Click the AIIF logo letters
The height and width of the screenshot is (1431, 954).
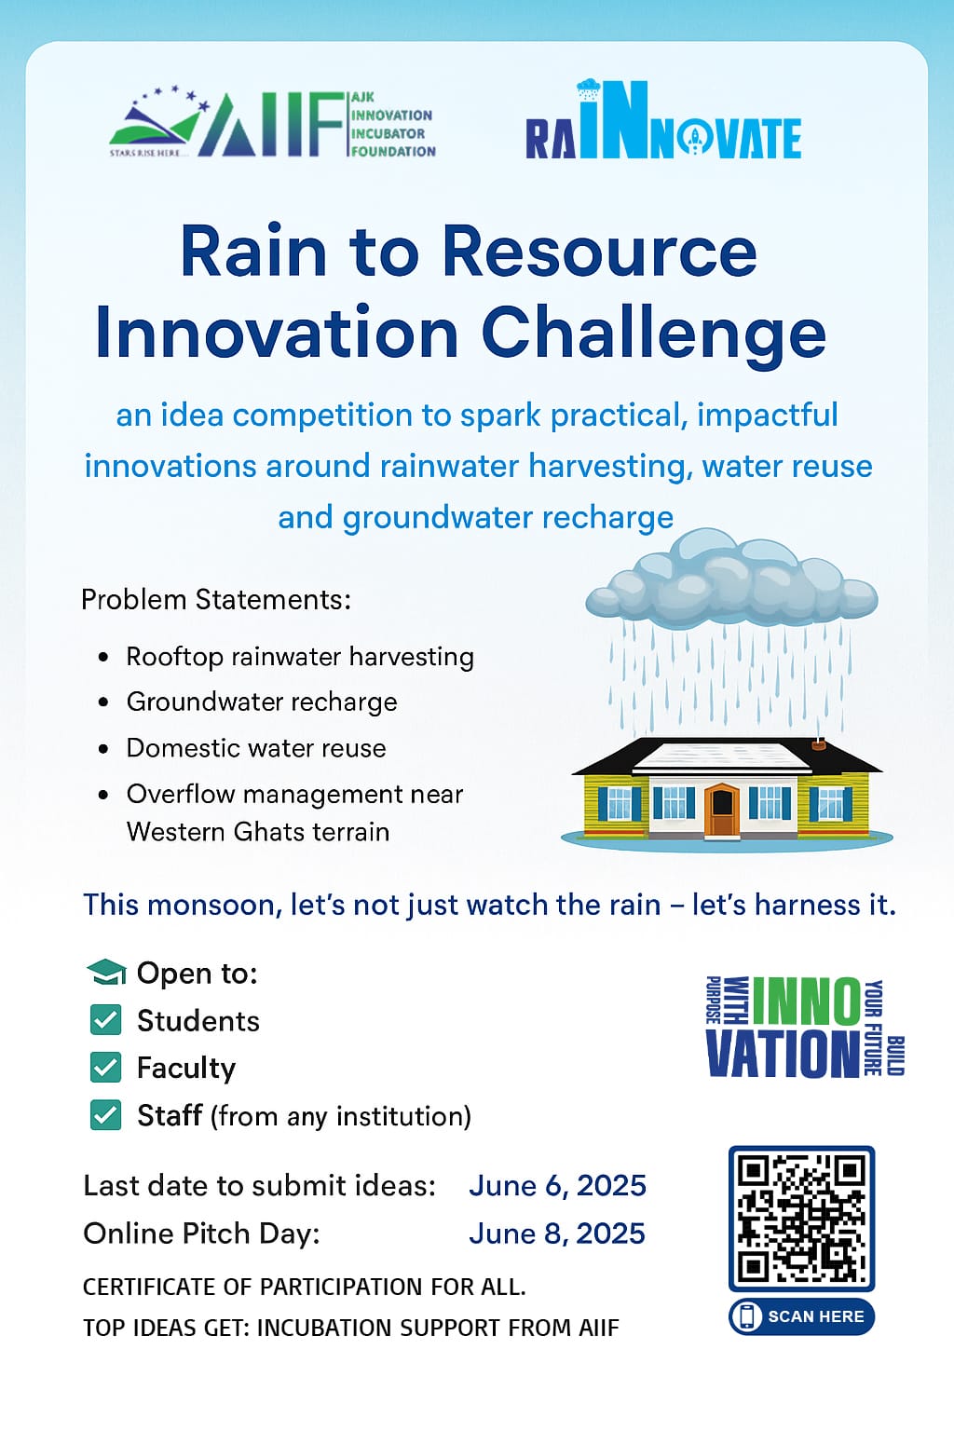pyautogui.click(x=271, y=125)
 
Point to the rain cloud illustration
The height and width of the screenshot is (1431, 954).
pyautogui.click(x=731, y=579)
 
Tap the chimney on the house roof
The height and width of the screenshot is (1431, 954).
pyautogui.click(x=819, y=745)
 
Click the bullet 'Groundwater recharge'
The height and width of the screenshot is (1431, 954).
pyautogui.click(x=262, y=702)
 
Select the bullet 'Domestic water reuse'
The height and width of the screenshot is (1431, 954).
pyautogui.click(x=256, y=748)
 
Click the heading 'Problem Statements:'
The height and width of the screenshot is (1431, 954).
pyautogui.click(x=216, y=600)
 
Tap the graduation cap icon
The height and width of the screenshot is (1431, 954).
pyautogui.click(x=106, y=973)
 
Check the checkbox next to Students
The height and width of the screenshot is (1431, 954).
pyautogui.click(x=106, y=1020)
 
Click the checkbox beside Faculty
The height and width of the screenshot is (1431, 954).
pyautogui.click(x=106, y=1068)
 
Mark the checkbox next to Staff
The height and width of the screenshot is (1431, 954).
pyautogui.click(x=106, y=1115)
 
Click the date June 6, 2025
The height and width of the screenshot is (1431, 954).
pyautogui.click(x=558, y=1186)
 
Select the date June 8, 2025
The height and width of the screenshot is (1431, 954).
pyautogui.click(x=557, y=1233)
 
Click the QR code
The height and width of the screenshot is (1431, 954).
pyautogui.click(x=802, y=1219)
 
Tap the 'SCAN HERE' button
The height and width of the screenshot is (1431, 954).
pyautogui.click(x=802, y=1316)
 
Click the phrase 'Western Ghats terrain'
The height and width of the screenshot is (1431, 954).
pyautogui.click(x=258, y=832)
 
